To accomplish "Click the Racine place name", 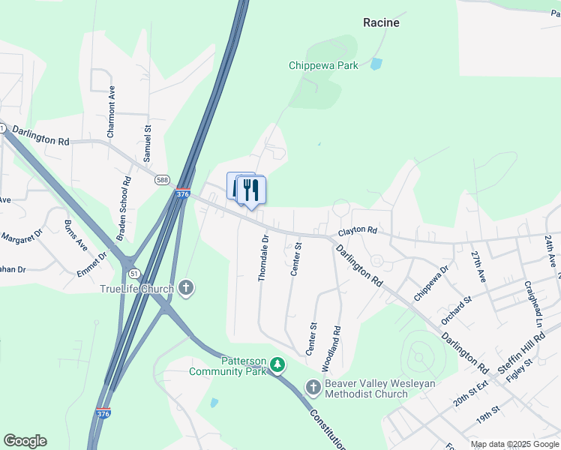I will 381,22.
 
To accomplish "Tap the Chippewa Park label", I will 323,65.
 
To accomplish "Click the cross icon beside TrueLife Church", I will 186,288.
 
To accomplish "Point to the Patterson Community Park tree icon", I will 278,364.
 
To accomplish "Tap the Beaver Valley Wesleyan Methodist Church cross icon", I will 313,387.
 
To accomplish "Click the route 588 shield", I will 163,180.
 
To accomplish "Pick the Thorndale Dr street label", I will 262,258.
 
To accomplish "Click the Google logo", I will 25,441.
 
